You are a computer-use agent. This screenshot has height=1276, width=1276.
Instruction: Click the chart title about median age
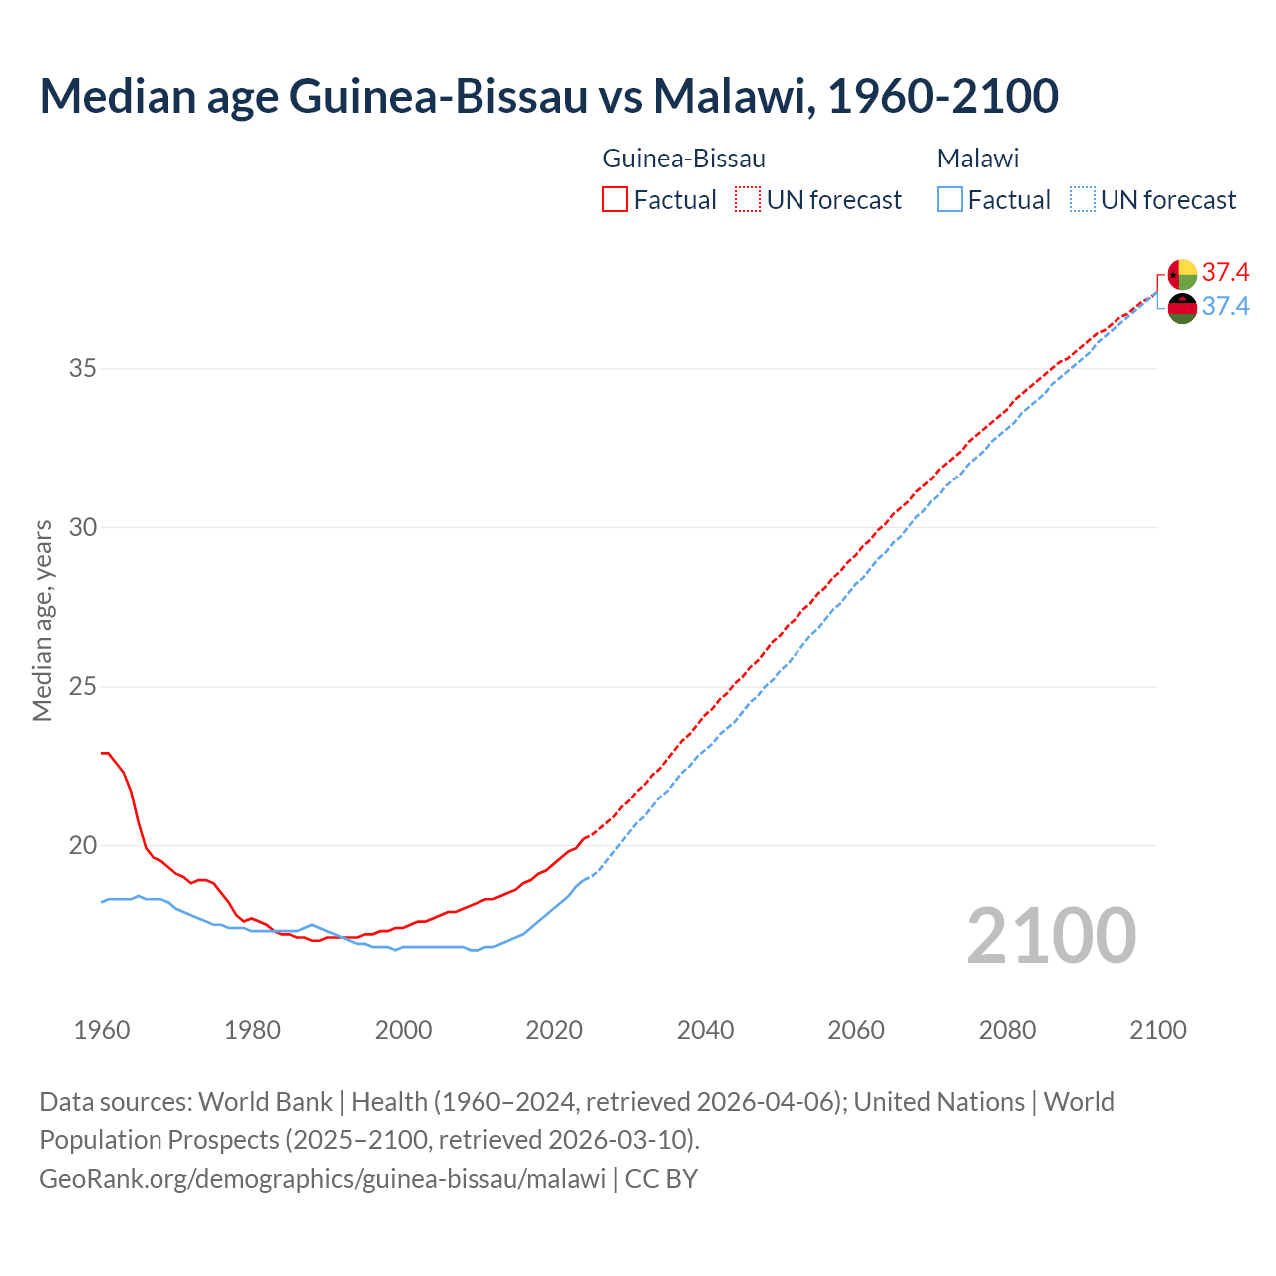pyautogui.click(x=548, y=96)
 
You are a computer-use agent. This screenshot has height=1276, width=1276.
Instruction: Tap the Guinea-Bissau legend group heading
pyautogui.click(x=684, y=159)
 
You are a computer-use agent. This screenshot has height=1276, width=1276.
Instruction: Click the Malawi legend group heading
pyautogui.click(x=977, y=159)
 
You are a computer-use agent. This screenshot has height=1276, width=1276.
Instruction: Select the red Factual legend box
pyautogui.click(x=615, y=200)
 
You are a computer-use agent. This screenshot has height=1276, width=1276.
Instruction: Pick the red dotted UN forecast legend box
pyautogui.click(x=747, y=200)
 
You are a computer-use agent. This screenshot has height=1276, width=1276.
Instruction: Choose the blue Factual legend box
pyautogui.click(x=949, y=200)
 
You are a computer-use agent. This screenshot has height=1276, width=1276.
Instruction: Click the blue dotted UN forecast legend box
pyautogui.click(x=1082, y=200)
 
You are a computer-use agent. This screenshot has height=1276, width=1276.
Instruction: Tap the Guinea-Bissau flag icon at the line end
pyautogui.click(x=1182, y=274)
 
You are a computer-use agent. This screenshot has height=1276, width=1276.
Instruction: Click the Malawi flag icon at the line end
pyautogui.click(x=1182, y=308)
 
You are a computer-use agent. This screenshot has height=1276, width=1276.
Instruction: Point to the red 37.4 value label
pyautogui.click(x=1225, y=273)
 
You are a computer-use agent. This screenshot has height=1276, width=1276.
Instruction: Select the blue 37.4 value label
pyautogui.click(x=1225, y=307)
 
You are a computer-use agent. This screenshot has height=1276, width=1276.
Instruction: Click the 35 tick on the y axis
pyautogui.click(x=83, y=368)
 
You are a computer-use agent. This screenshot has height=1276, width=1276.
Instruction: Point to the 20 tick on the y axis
pyautogui.click(x=83, y=845)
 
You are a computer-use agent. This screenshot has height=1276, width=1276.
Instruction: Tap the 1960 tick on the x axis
pyautogui.click(x=102, y=1030)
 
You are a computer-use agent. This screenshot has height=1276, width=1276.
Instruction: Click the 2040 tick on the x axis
pyautogui.click(x=705, y=1030)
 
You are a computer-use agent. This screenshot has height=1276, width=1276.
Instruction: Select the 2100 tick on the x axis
pyautogui.click(x=1157, y=1030)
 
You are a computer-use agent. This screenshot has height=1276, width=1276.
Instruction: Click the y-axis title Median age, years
pyautogui.click(x=42, y=620)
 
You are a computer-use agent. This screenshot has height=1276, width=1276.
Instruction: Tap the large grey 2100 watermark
pyautogui.click(x=1051, y=935)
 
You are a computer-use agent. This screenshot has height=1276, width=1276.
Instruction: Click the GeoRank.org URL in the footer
pyautogui.click(x=322, y=1178)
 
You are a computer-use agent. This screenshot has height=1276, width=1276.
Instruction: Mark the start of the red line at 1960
pyautogui.click(x=103, y=753)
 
